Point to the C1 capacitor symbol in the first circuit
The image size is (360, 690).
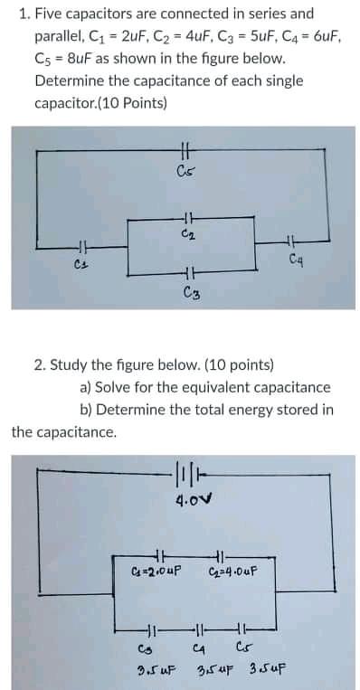click(80, 245)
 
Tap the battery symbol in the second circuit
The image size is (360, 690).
click(185, 471)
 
